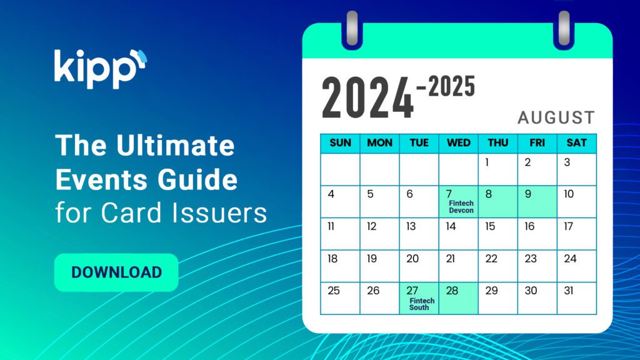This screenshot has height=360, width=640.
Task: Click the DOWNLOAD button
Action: [x=116, y=272]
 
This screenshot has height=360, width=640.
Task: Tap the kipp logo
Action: [x=101, y=69]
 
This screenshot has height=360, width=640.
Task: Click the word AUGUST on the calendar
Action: [x=556, y=117]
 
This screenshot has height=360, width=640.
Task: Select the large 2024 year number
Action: [x=367, y=98]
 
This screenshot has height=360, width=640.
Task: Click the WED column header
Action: [x=458, y=143]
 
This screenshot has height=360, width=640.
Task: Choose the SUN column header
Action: [x=340, y=143]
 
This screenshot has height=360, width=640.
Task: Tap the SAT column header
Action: [x=576, y=143]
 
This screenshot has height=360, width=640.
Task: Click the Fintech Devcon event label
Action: [x=461, y=206]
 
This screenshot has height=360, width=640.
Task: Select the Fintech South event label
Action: [x=422, y=304]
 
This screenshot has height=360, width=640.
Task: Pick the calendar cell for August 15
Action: [x=498, y=234]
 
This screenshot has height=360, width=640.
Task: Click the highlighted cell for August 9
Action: [x=537, y=202]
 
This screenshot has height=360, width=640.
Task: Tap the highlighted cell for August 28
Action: [x=458, y=298]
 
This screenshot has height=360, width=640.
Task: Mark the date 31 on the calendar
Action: [x=569, y=291]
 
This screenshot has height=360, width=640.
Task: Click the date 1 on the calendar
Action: [x=486, y=162]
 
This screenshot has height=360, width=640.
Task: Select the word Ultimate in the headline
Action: [x=176, y=145]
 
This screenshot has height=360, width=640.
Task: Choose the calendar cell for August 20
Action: [x=419, y=266]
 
